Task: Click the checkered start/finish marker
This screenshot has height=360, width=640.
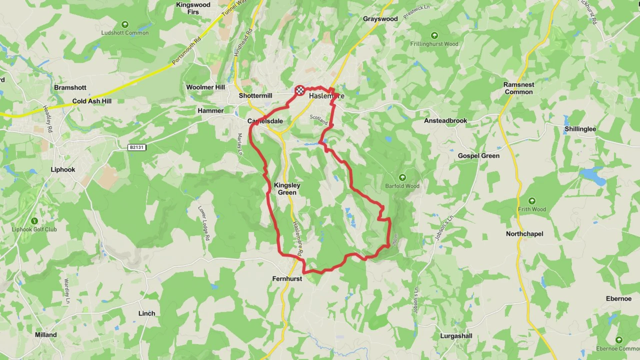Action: click(x=300, y=90)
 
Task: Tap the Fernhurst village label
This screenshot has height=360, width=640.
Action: click(x=287, y=279)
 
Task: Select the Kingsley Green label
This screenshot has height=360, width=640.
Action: click(x=287, y=189)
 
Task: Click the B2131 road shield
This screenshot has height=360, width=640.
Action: click(x=137, y=147)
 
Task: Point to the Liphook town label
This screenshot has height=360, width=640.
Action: click(x=63, y=170)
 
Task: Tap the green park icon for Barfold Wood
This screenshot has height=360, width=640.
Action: click(x=402, y=177)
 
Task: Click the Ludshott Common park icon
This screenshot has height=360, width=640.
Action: click(x=125, y=24)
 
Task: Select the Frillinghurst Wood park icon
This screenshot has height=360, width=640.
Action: click(x=434, y=35)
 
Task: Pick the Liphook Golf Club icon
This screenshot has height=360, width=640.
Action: click(x=34, y=221)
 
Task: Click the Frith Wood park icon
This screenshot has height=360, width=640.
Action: click(x=532, y=201)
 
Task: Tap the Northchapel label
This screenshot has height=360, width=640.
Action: click(x=524, y=234)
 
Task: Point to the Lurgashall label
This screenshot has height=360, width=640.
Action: click(x=456, y=336)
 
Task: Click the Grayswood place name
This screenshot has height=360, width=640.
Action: click(x=380, y=19)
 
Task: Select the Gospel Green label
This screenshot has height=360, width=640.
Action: click(x=478, y=156)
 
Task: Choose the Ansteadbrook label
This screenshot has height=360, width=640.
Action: click(x=445, y=121)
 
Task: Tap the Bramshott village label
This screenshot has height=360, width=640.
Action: click(x=70, y=88)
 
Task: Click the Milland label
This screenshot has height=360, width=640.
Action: click(x=46, y=335)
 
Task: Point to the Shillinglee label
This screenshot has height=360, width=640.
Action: click(x=580, y=129)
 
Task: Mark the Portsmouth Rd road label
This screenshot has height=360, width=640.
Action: click(x=187, y=50)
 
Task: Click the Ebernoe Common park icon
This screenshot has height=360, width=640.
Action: click(x=619, y=340)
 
